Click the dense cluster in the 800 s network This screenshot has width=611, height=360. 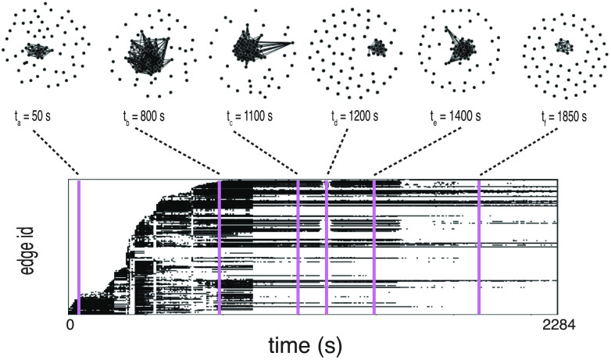coord(143,56)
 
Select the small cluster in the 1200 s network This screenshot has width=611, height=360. coord(378,48)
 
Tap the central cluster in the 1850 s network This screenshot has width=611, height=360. coord(563,46)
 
